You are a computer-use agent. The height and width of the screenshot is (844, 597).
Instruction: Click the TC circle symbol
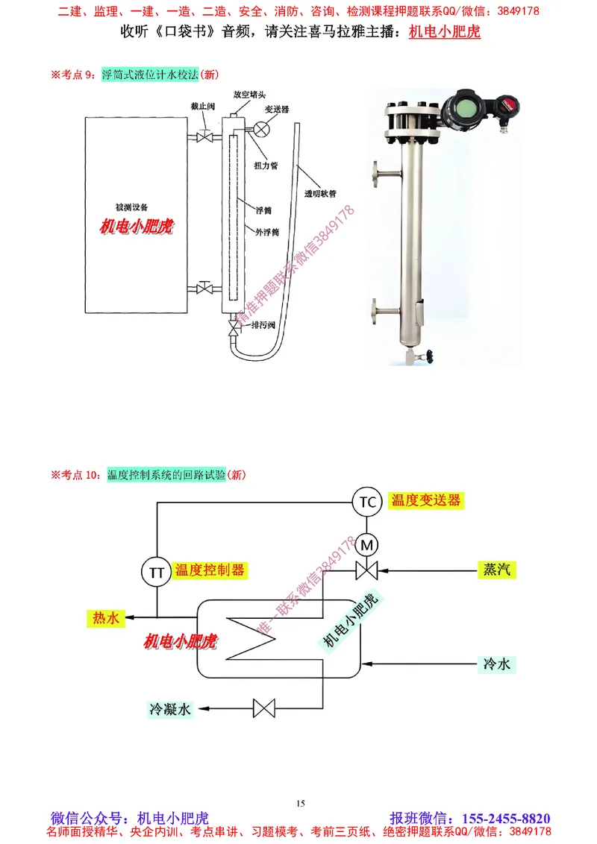point(368,502)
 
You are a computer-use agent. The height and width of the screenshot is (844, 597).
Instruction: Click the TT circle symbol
point(157,572)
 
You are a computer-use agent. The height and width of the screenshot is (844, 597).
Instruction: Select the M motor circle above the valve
point(367,545)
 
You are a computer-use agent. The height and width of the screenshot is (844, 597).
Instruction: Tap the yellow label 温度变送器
point(425,500)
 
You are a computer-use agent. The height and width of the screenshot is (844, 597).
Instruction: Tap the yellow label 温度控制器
point(210,570)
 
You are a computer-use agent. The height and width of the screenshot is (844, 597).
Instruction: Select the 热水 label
point(105,617)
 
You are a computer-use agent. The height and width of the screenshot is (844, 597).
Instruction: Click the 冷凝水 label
point(170,708)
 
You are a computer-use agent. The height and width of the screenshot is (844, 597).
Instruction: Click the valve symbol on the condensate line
point(265,708)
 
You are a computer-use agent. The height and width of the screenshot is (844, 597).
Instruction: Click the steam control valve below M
point(366,571)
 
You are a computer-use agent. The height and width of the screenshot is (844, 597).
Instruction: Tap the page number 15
point(300,803)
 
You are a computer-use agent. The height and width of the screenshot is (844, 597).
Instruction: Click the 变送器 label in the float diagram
point(277,109)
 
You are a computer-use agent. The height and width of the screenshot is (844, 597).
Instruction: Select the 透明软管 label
point(320,193)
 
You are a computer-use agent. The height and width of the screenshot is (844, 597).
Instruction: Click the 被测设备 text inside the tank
point(137,207)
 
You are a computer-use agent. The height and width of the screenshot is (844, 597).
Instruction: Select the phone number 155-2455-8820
point(507,817)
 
